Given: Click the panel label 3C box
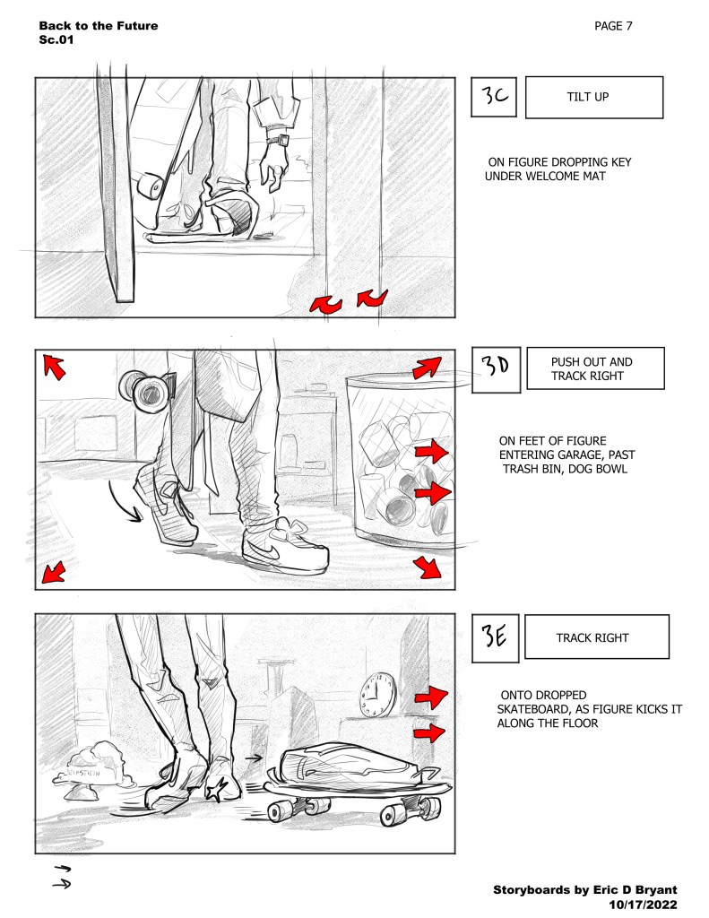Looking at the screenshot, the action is pyautogui.click(x=494, y=97).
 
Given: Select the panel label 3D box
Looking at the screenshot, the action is pyautogui.click(x=496, y=369).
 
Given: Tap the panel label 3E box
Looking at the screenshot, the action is pyautogui.click(x=496, y=638).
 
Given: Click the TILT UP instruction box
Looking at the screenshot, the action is pyautogui.click(x=594, y=97).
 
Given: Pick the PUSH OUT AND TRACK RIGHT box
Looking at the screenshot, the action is pyautogui.click(x=595, y=368).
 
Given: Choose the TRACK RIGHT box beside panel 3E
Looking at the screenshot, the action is pyautogui.click(x=597, y=637).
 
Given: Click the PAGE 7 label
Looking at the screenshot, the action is pyautogui.click(x=613, y=26).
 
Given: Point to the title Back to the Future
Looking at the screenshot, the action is pyautogui.click(x=99, y=26).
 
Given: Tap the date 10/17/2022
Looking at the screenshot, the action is pyautogui.click(x=643, y=905).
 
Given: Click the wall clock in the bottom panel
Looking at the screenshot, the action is pyautogui.click(x=377, y=695).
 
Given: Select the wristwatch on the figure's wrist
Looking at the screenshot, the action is pyautogui.click(x=279, y=140).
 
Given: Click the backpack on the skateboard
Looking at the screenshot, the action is pyautogui.click(x=350, y=766).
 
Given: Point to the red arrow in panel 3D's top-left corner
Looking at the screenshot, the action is pyautogui.click(x=54, y=367).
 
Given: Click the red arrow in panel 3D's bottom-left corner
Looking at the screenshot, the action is pyautogui.click(x=53, y=571).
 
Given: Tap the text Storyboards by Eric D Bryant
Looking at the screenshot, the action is pyautogui.click(x=585, y=890).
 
